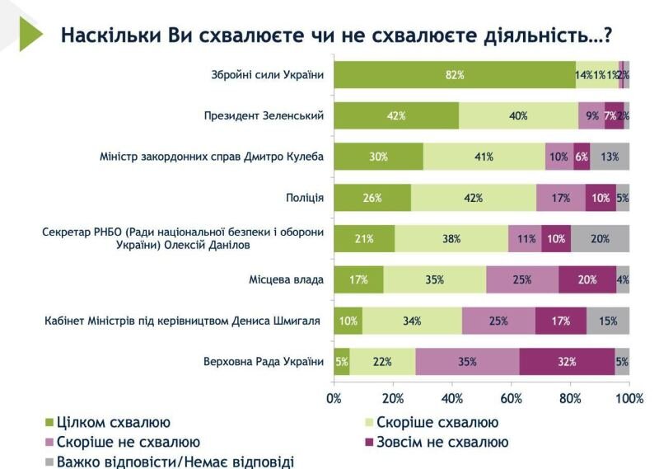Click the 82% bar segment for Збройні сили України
[455, 75]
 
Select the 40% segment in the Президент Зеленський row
[518, 115]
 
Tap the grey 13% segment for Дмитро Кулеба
[610, 157]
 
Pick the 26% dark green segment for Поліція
[372, 198]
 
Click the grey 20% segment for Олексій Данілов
[600, 238]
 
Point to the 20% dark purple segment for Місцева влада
[587, 279]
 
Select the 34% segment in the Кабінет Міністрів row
[412, 321]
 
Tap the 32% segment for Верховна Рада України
[567, 361]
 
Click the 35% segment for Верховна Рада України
[467, 361]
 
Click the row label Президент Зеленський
[264, 115]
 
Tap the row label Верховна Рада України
[263, 361]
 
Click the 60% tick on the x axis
[512, 399]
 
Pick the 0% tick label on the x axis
[334, 399]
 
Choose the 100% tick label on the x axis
[629, 399]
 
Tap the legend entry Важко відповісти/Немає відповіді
[173, 462]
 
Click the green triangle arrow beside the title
[30, 34]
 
